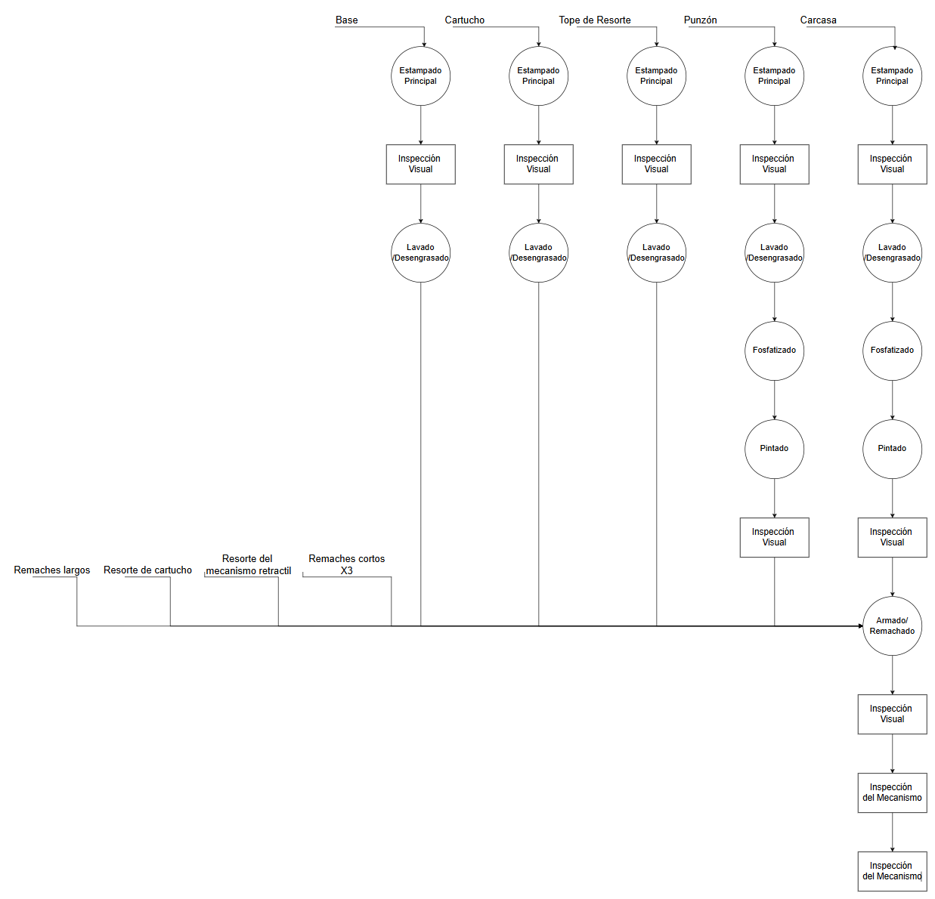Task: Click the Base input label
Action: [346, 20]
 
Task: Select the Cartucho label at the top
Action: [465, 20]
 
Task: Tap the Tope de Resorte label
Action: [595, 20]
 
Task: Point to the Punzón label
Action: [701, 20]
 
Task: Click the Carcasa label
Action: [819, 20]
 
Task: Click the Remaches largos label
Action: [52, 570]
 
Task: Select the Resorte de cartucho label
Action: [147, 570]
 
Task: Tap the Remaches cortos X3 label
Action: [346, 564]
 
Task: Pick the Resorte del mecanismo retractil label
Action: [249, 564]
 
